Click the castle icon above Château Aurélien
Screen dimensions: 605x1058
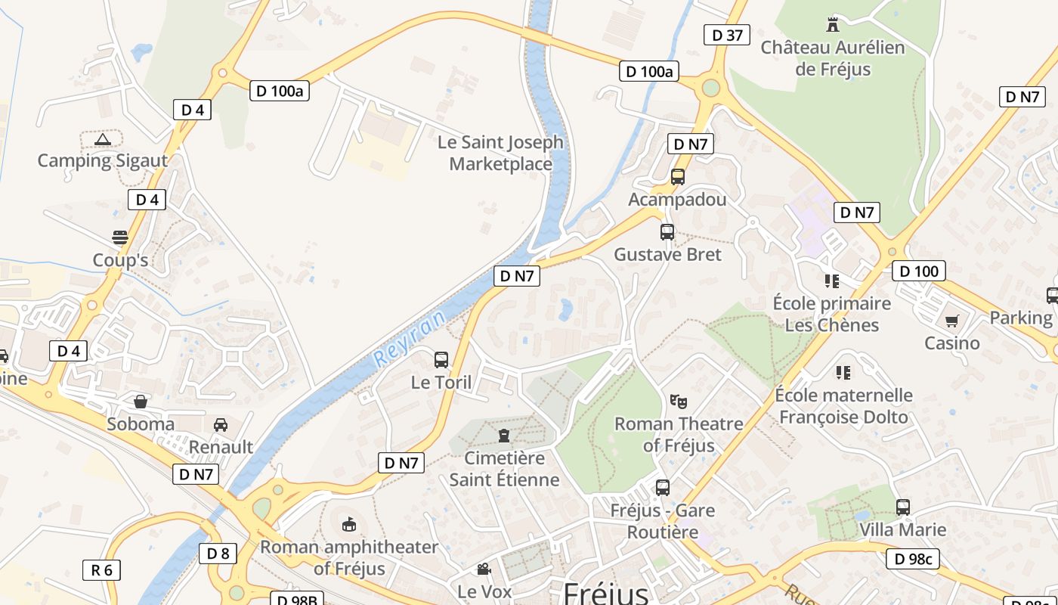point(833,24)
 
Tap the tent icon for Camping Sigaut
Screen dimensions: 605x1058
point(103,139)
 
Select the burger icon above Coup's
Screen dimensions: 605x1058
point(119,237)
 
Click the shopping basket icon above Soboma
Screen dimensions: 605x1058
point(141,402)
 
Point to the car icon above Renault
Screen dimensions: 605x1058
point(221,424)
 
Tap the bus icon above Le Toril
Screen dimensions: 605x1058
point(441,360)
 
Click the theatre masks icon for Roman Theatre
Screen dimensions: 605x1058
point(678,401)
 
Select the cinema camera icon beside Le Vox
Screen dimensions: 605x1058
point(484,569)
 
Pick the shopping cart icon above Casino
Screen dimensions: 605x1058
point(951,321)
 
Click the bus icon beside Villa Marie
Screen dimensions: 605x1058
point(903,507)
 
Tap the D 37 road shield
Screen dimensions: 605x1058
point(727,34)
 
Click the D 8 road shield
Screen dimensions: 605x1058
point(218,554)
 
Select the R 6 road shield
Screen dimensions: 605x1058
point(101,569)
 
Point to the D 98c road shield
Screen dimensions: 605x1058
point(913,559)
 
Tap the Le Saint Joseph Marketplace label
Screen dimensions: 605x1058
point(500,153)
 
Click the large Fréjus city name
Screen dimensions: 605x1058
point(605,592)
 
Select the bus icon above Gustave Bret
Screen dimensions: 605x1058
point(667,232)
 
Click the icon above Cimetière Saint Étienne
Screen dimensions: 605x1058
point(504,435)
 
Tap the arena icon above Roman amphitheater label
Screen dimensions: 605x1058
point(349,523)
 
